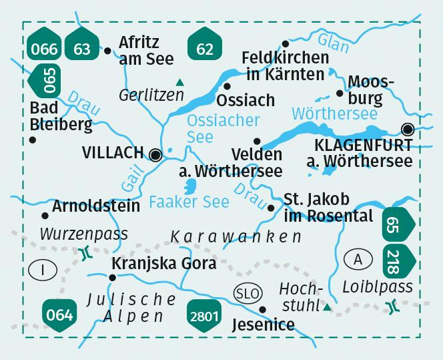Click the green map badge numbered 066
pos(45,48)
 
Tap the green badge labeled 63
pos(82,48)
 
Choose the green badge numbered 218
pos(398,262)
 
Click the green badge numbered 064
pos(59,312)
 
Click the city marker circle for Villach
pos(156,155)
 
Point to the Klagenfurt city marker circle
pos(407,129)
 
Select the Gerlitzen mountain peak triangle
pos(179,83)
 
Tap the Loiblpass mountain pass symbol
pos(392,307)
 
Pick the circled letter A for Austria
pos(359,259)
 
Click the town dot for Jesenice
pos(263,309)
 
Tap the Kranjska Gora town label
pos(163,263)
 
